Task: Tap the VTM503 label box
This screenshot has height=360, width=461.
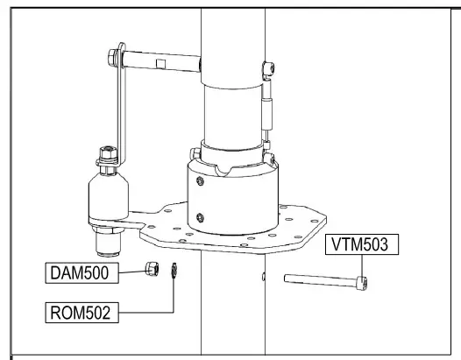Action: (x=362, y=244)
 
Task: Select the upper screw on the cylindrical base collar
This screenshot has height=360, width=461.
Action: (x=201, y=180)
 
